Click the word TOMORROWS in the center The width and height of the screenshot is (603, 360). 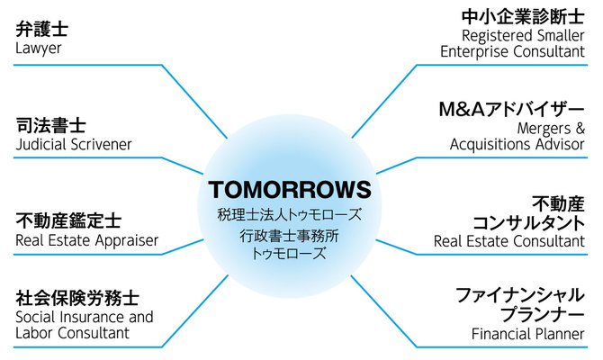click(290, 190)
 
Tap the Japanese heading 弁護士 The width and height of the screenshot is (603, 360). click(42, 29)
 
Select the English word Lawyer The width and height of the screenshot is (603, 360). click(39, 49)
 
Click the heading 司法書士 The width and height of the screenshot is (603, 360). click(50, 125)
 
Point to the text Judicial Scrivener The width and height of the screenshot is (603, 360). click(74, 145)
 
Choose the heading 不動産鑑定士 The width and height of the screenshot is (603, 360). click(68, 220)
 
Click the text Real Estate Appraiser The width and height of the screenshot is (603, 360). click(87, 240)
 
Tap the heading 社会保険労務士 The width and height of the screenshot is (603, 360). click(77, 298)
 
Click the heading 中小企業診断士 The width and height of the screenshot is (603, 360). click(523, 17)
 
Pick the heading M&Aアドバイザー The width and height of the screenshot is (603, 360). click(512, 110)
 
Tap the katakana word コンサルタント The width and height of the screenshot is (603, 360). click(528, 223)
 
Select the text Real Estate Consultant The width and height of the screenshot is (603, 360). click(509, 241)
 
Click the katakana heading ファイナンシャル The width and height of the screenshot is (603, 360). click(520, 295)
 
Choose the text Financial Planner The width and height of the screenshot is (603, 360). click(528, 334)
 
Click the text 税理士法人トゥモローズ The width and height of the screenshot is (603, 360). click(290, 214)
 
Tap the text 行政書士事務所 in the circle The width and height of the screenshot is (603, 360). click(289, 236)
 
